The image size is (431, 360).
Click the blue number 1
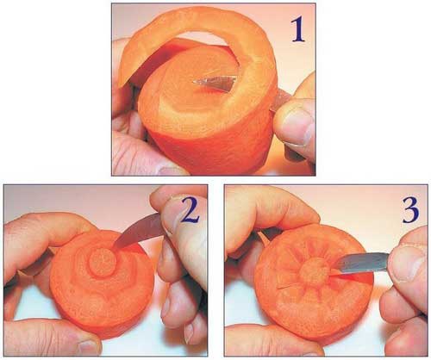(298, 30)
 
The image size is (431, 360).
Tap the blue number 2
(189, 211)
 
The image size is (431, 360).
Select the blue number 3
(410, 211)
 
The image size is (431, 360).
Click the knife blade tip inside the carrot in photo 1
(194, 82)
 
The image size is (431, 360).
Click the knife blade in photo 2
(138, 232)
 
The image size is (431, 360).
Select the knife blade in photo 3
(363, 262)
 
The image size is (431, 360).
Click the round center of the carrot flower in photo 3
(314, 271)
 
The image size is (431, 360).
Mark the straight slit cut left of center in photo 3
(288, 288)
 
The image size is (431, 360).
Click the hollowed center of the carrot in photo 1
(201, 84)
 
